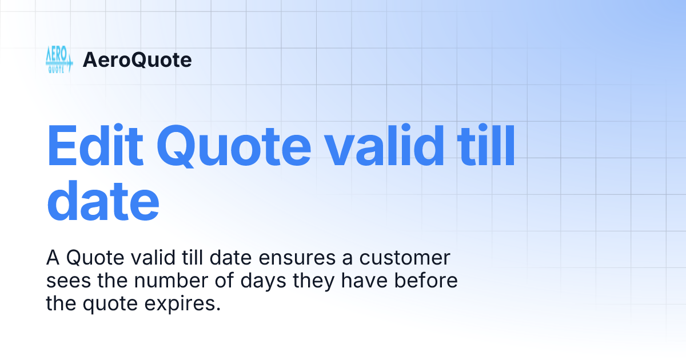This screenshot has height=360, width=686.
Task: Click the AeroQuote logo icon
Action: pos(59,59)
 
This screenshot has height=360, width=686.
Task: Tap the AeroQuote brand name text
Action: pos(137,60)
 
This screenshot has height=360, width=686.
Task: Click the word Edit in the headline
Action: pos(95,147)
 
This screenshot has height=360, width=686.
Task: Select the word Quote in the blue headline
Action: pos(234,147)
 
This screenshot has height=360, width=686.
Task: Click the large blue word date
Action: pos(103,202)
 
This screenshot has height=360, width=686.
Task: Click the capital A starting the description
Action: pos(53,258)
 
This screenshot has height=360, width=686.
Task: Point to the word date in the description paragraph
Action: pos(226,258)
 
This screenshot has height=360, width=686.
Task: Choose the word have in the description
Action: pos(377,281)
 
